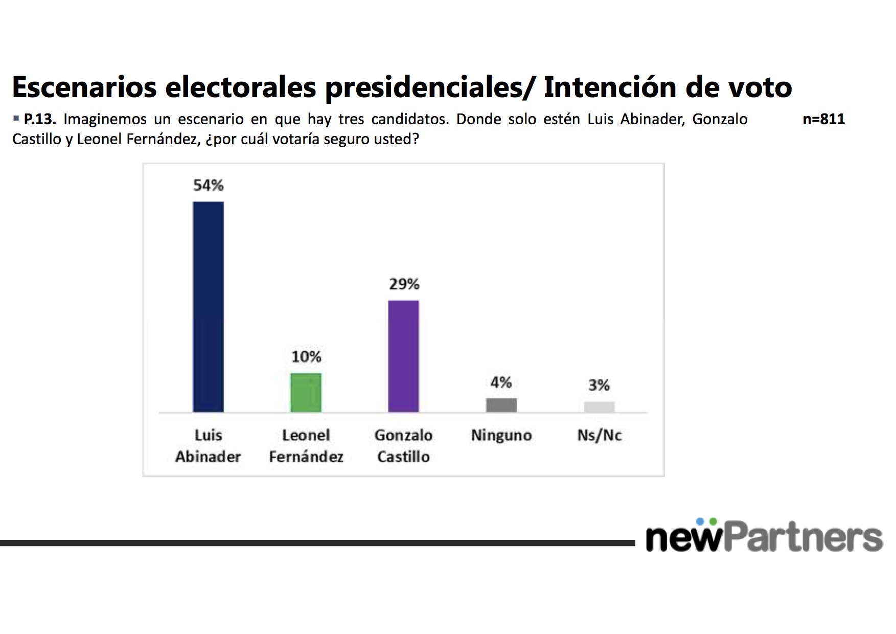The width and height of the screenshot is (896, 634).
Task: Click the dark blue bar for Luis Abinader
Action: (x=208, y=307)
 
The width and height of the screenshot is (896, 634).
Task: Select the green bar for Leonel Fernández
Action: (x=306, y=393)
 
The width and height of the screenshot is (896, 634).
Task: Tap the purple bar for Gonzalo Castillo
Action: (x=403, y=356)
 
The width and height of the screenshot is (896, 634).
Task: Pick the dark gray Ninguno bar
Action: (x=501, y=405)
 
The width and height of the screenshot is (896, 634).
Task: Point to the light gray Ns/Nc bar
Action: (x=599, y=407)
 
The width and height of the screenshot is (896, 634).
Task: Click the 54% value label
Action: (x=208, y=186)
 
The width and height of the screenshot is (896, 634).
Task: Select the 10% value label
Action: (x=306, y=357)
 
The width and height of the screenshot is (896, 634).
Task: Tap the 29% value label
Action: (x=404, y=284)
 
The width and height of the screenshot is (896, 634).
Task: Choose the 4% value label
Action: (x=501, y=382)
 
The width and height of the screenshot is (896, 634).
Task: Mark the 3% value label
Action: (x=599, y=385)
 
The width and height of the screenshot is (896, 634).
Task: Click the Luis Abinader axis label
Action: (x=208, y=446)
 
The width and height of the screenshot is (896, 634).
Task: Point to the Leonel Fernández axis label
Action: (x=306, y=446)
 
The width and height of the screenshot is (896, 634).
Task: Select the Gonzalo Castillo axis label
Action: (x=403, y=446)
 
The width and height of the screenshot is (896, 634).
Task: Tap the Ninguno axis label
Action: (x=501, y=436)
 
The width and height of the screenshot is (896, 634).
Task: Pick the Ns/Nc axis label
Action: (x=599, y=436)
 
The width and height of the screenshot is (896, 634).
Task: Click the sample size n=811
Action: (x=823, y=120)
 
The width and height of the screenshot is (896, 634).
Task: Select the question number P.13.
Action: (x=40, y=120)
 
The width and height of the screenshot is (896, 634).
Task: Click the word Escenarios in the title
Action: (x=84, y=87)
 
